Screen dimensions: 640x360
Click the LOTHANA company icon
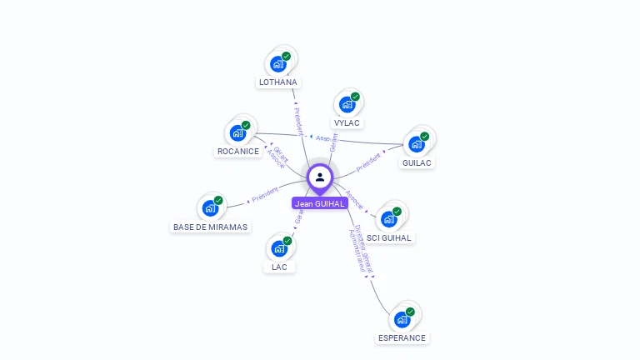278,64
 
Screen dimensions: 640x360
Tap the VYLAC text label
347,122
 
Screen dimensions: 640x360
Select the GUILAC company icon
417,143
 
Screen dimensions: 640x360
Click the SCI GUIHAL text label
389,237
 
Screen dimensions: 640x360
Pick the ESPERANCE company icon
402,319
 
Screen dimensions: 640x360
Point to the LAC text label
279,267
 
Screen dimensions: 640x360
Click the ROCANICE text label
238,151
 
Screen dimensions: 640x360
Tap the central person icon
320,177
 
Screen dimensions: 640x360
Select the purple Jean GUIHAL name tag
320,203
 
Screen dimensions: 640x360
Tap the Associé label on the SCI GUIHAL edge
354,201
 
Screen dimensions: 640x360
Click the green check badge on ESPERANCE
410,312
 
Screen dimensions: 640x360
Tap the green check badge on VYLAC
355,97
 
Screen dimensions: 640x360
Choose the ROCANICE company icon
238,132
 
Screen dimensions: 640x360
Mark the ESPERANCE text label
402,337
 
